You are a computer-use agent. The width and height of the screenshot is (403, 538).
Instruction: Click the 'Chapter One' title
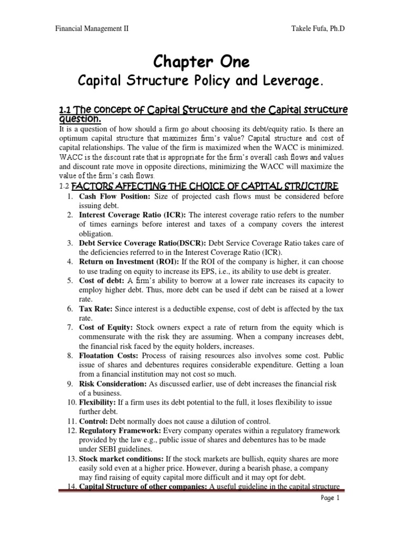(201, 62)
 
